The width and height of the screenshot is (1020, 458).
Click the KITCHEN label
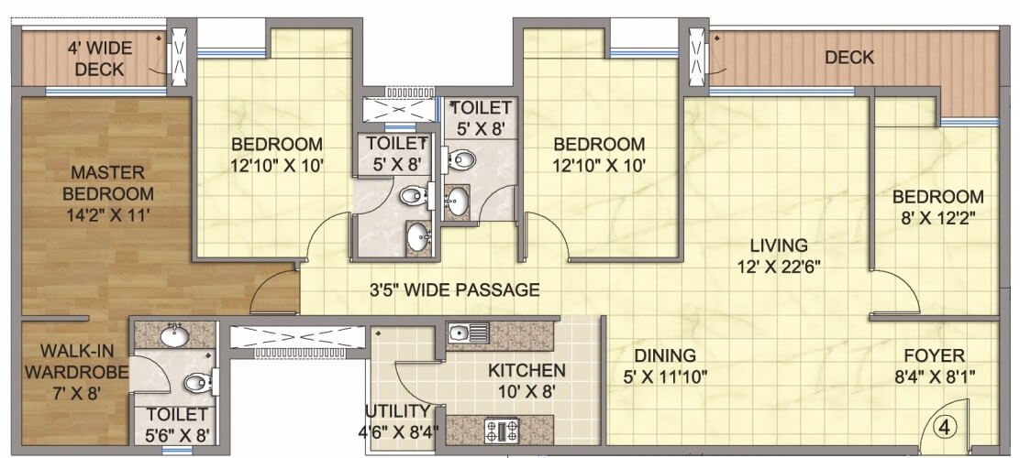click(527, 370)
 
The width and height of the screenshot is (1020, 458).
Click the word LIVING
click(778, 245)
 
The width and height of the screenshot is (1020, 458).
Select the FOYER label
click(934, 355)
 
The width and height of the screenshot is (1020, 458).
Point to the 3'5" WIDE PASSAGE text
click(454, 290)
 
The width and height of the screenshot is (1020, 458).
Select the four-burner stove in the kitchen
click(502, 430)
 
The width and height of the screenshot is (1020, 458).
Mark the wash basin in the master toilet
click(173, 336)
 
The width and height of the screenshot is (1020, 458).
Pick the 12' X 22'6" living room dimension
click(778, 267)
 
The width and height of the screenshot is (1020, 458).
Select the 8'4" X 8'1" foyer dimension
click(934, 376)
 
